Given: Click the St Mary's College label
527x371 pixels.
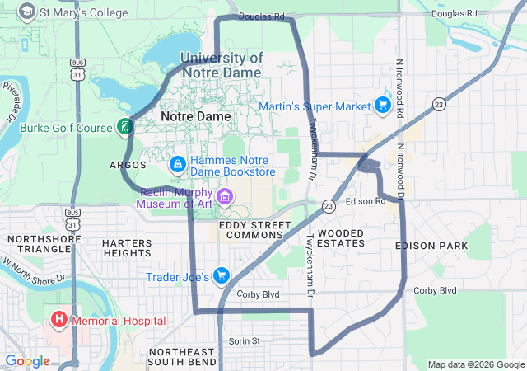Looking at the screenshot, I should [x=85, y=12].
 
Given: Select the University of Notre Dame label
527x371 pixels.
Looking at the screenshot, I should [x=222, y=65].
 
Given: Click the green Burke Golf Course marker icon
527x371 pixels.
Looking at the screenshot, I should [x=124, y=127].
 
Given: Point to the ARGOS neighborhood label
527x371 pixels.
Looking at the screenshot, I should [x=128, y=165].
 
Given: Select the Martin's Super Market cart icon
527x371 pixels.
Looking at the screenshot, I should [x=382, y=106].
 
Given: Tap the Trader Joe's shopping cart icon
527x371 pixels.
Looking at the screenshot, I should [x=221, y=275].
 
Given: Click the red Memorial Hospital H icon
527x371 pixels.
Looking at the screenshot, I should [x=59, y=319].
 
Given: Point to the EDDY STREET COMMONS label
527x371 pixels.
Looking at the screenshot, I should [x=251, y=230].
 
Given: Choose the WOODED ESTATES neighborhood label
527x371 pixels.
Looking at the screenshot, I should [x=341, y=238].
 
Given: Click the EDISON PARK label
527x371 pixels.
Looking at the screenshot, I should [x=431, y=246].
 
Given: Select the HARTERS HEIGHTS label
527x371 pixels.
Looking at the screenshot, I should [x=127, y=248].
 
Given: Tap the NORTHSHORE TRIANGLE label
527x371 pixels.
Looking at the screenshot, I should [x=39, y=243].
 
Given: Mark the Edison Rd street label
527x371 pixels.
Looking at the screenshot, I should [x=366, y=201].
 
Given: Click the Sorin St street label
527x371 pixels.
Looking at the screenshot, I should [x=244, y=340].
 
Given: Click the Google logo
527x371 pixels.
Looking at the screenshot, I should [x=27, y=361].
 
